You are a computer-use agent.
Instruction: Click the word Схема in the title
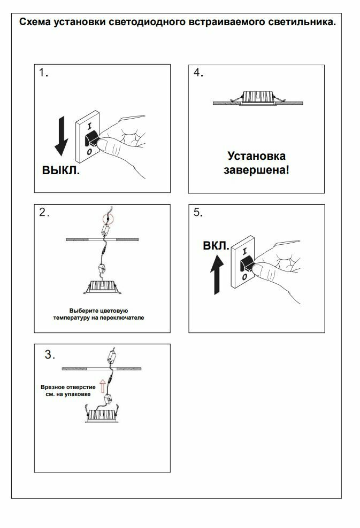coord(34,22)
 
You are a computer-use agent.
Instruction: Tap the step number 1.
coord(43,73)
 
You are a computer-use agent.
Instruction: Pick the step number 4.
coord(197,74)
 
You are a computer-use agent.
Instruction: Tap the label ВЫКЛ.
coord(60,172)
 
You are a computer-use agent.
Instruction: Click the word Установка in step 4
coord(256,156)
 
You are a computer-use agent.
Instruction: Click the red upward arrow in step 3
coord(102,384)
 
